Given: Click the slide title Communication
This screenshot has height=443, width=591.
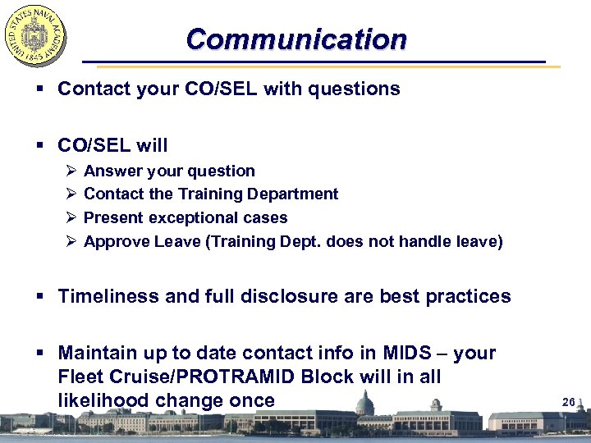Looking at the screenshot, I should pyautogui.click(x=295, y=39).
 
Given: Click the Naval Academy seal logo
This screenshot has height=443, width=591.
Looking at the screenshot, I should pyautogui.click(x=35, y=35).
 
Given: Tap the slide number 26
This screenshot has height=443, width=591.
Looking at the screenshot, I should pyautogui.click(x=568, y=402).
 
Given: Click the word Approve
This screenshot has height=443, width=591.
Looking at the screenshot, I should pyautogui.click(x=114, y=241).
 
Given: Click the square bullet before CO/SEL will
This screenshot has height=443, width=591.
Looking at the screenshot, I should pyautogui.click(x=41, y=146).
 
